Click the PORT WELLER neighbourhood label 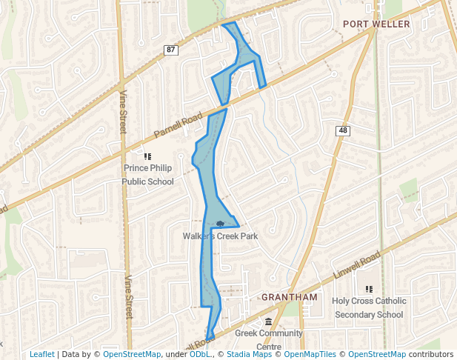tap(376, 24)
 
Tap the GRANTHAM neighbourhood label tap(289, 297)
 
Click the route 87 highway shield tap(171, 50)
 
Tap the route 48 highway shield tap(342, 130)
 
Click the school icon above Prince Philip tap(147, 156)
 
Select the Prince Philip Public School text tap(148, 175)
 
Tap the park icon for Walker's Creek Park tap(220, 223)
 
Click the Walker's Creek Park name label tap(219, 236)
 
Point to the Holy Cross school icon tap(368, 289)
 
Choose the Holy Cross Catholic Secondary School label tap(369, 307)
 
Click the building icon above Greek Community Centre tap(268, 321)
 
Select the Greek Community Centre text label tap(269, 339)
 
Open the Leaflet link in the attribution tap(41, 354)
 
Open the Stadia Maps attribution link tap(247, 354)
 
